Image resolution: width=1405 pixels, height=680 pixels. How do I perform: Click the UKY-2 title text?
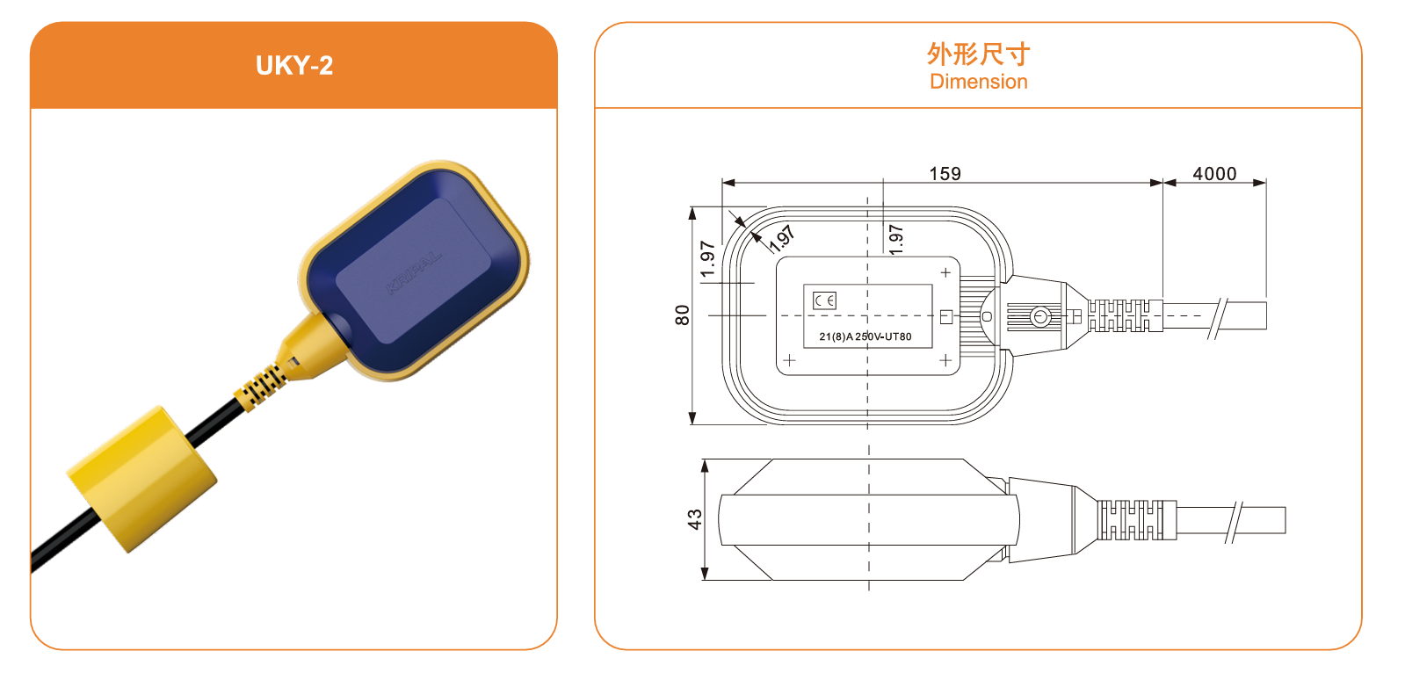pos(294,66)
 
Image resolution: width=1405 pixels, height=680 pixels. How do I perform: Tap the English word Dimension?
pos(978,82)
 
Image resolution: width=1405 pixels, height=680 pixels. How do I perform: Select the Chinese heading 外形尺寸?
pos(978,54)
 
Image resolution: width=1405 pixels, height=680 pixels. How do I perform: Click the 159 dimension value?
pos(945,174)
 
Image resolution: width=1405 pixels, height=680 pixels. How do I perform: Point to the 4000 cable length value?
pos(1214,174)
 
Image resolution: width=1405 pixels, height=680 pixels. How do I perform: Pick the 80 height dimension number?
pos(683,315)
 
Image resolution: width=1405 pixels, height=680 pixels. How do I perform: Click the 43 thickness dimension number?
pos(695,519)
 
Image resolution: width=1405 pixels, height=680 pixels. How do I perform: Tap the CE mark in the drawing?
pos(825,300)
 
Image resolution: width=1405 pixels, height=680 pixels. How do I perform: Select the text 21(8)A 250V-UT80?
pos(865,336)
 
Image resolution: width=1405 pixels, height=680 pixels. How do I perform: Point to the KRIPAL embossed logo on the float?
pos(414,273)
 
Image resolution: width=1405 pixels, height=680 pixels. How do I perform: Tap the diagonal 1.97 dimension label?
pos(782,237)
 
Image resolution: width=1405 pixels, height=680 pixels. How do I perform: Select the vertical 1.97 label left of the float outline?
pos(707,259)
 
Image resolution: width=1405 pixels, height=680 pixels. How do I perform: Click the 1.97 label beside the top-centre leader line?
pos(895,239)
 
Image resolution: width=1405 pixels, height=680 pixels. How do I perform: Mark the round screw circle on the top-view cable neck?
pos(1040,316)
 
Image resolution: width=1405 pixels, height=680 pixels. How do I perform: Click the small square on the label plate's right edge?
pos(946,316)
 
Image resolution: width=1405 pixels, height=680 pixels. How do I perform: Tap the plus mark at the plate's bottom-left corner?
pos(789,360)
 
